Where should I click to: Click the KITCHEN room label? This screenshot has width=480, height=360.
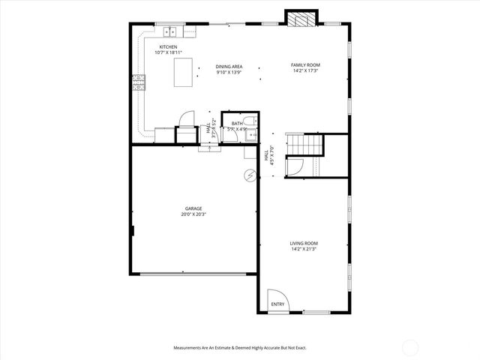[167, 46]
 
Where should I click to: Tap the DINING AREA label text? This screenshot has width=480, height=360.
[228, 66]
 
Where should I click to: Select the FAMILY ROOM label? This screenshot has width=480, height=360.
[305, 65]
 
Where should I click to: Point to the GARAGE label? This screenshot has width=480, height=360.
[194, 208]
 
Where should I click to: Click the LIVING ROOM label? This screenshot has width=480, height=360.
[304, 243]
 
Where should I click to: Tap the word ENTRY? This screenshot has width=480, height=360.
[277, 304]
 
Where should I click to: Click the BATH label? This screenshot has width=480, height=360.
[237, 123]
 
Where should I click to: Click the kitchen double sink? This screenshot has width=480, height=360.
[171, 31]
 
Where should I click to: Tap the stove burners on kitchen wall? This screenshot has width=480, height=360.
[138, 82]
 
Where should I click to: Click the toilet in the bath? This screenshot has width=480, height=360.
[253, 121]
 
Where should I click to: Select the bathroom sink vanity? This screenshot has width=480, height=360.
[253, 135]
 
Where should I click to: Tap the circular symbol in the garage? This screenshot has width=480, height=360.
[249, 175]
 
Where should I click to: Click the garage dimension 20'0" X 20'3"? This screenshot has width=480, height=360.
[194, 214]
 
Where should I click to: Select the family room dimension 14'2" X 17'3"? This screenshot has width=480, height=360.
[305, 71]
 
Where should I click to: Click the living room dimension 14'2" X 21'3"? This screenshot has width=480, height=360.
[304, 249]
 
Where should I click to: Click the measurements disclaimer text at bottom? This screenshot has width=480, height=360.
[240, 348]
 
